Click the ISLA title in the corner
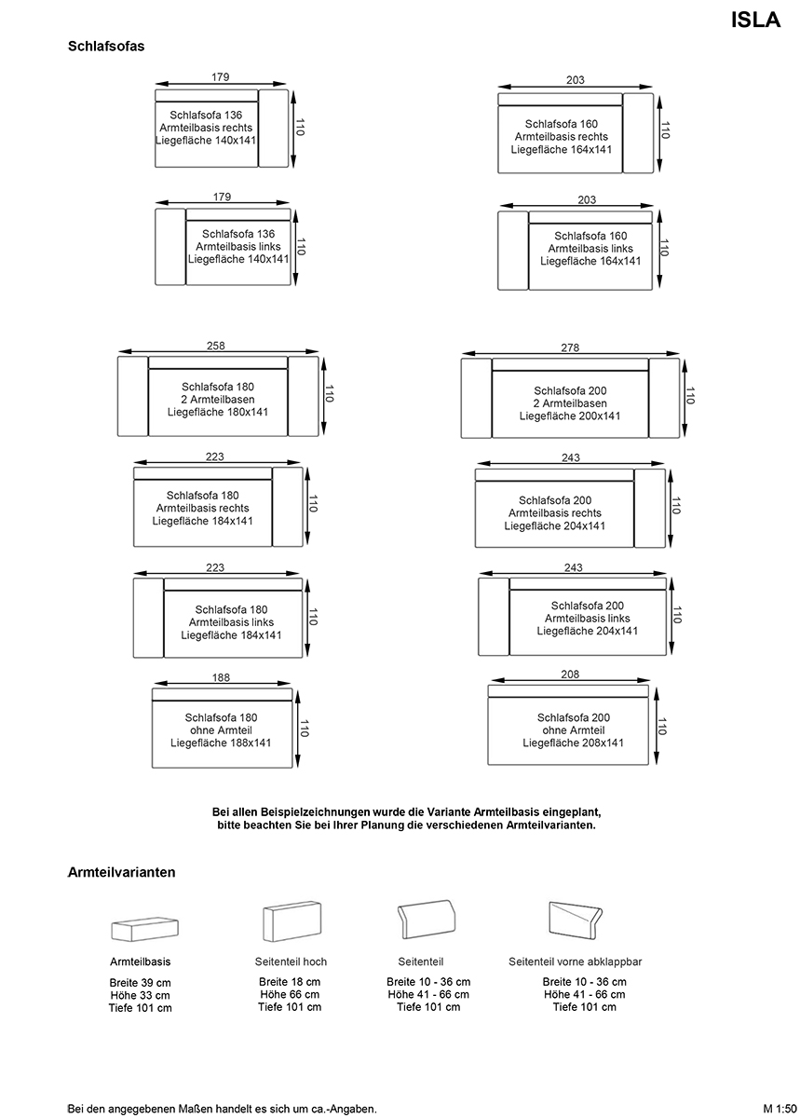755,20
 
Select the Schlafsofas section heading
106,46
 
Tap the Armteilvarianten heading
122,872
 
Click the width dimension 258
215,346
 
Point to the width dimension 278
570,348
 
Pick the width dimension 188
221,677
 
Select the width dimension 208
570,675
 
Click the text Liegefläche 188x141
221,743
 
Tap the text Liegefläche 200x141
570,416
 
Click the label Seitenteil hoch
291,961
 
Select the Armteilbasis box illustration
144,929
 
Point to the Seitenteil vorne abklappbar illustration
576,920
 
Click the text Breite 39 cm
141,982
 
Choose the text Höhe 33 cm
141,995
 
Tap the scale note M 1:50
780,1109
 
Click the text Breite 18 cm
290,982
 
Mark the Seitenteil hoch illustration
292,921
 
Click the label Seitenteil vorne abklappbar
575,961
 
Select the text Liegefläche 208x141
574,743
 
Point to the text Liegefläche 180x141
218,412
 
